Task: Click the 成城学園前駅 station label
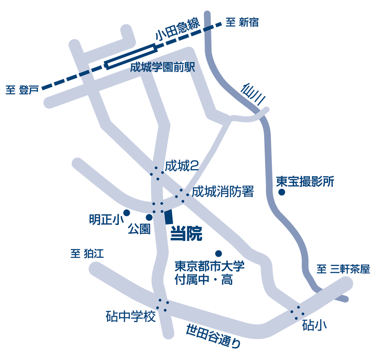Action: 163,68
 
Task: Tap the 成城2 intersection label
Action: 181,166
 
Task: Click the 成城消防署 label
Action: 223,192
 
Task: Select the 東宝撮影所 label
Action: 305,182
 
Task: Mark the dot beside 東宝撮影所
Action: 282,193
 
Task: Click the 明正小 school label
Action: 104,220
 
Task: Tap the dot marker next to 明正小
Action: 126,213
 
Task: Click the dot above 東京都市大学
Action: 218,253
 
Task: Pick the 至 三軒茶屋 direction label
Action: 343,269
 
